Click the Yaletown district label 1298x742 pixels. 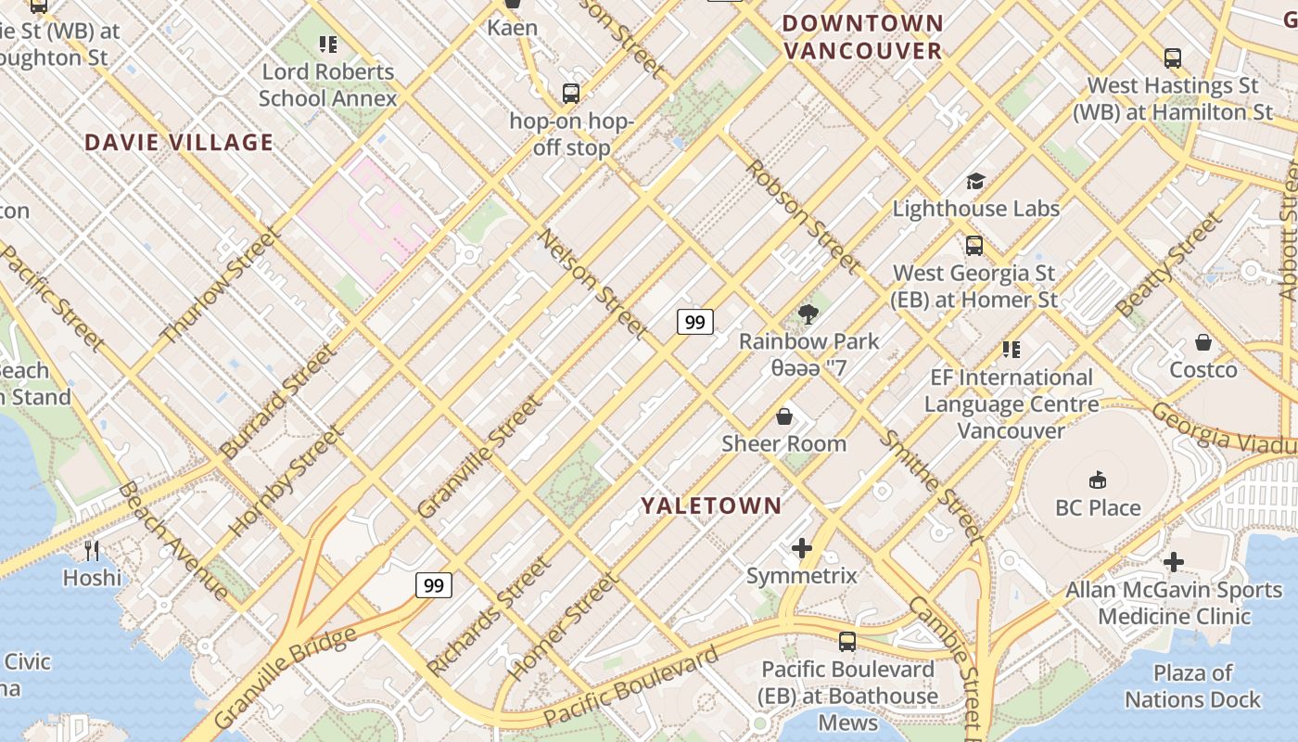[711, 505]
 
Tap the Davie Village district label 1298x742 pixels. [179, 143]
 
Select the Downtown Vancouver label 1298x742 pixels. [863, 37]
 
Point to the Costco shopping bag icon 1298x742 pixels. [1203, 342]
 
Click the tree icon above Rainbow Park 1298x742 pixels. [808, 313]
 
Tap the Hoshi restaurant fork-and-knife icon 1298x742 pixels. [92, 551]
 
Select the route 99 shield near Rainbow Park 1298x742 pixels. [695, 322]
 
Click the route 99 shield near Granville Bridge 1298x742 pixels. [433, 584]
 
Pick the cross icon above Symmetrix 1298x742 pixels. [802, 549]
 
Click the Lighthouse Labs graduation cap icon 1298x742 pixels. [974, 181]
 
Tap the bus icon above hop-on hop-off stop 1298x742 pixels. [571, 94]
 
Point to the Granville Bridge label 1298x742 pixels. [285, 677]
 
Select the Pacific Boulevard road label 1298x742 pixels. [630, 687]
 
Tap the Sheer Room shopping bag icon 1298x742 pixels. [784, 416]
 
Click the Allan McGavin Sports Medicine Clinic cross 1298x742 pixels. [1173, 562]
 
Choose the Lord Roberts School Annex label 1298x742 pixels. [328, 84]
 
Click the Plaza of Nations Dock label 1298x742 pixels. [1192, 686]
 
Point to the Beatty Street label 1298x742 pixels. [1169, 264]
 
